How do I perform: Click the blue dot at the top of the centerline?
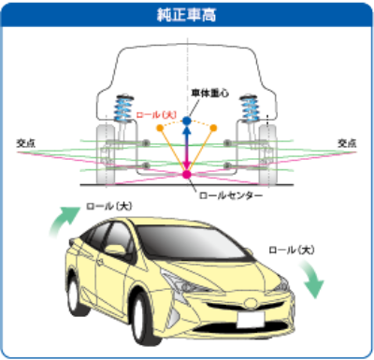click(187, 121)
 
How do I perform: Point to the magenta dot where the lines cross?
click(187, 175)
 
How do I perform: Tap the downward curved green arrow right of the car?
click(309, 279)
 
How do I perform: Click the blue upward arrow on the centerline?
click(187, 140)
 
